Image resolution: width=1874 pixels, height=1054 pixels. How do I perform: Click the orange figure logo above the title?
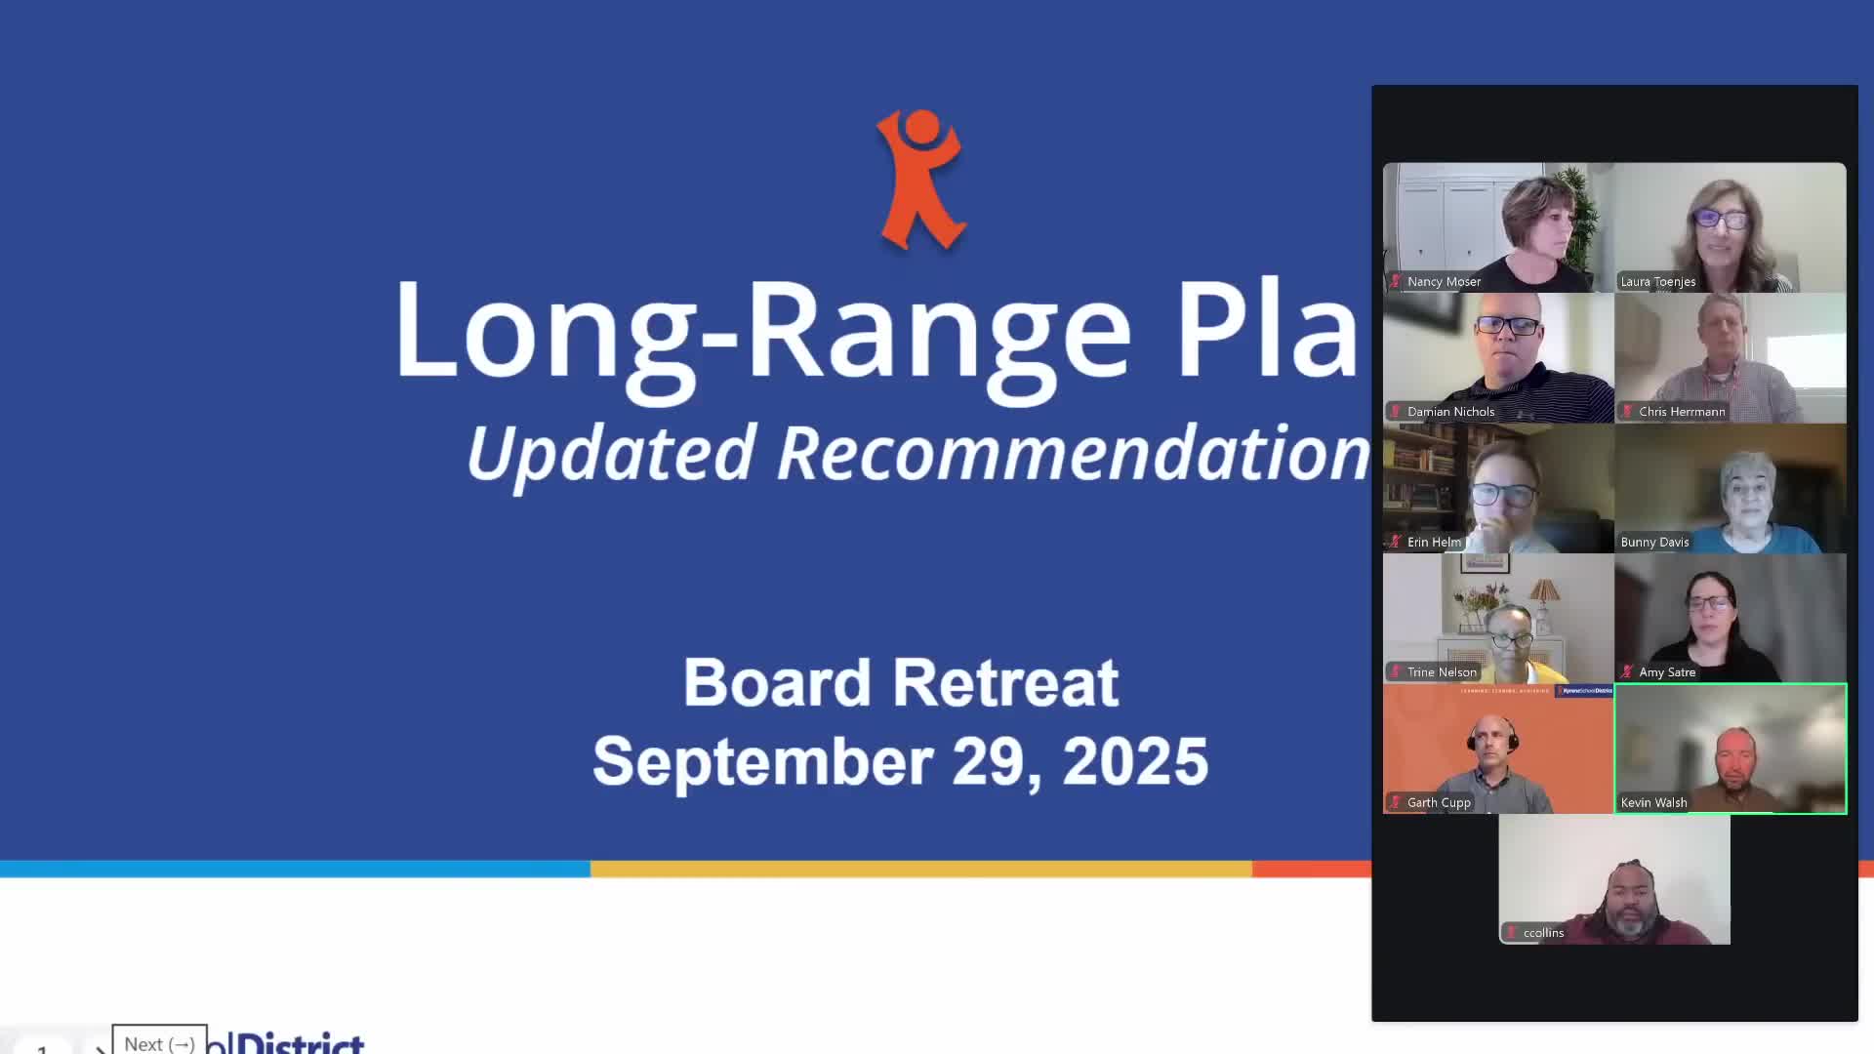pos(920,179)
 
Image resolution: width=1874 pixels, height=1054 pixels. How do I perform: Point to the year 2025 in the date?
pos(1135,761)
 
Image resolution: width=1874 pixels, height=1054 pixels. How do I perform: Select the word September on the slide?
pos(762,761)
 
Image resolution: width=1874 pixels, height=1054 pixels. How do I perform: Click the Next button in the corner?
pos(159,1042)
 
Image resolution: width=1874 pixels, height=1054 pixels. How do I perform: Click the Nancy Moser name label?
pos(1444,282)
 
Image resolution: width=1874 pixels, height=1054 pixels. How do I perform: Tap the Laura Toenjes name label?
pos(1657,282)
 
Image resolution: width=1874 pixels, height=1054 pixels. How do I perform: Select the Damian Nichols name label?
pos(1450,412)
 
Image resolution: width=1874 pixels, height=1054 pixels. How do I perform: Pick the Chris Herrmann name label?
pos(1682,412)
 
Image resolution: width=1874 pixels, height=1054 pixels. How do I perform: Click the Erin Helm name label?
pos(1434,542)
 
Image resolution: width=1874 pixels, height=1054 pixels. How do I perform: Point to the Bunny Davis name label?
pos(1654,542)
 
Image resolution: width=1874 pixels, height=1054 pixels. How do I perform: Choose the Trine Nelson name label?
pos(1442,672)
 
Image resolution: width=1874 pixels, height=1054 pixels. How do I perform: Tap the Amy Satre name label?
pos(1667,672)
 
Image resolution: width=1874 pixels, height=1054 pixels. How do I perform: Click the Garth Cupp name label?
pos(1439,802)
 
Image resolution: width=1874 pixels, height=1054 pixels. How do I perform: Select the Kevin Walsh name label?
pos(1653,802)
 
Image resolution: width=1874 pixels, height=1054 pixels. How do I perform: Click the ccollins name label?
pos(1543,933)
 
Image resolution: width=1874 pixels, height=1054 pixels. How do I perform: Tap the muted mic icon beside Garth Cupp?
pos(1396,802)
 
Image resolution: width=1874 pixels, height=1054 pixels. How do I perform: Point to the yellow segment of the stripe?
pos(920,869)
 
